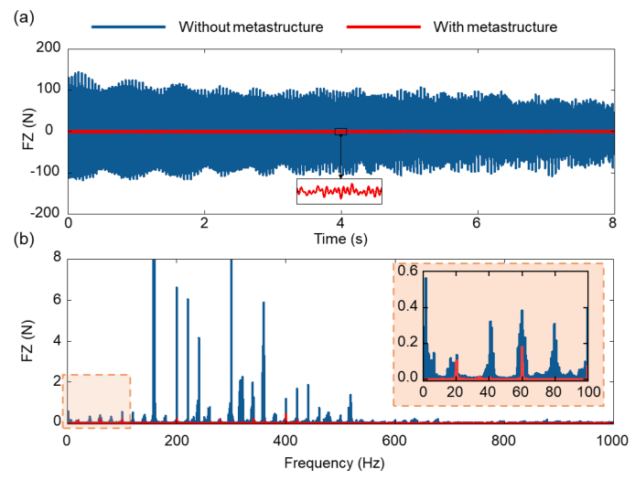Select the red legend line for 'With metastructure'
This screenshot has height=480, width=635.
(377, 27)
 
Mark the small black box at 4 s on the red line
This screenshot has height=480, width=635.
(340, 132)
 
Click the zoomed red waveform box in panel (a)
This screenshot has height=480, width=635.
(339, 191)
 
